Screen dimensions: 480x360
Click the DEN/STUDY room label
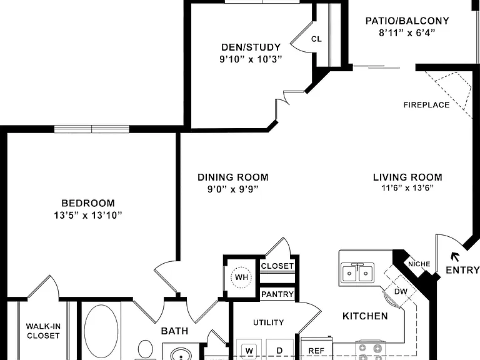(x=251, y=47)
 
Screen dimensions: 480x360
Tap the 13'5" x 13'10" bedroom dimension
(x=88, y=215)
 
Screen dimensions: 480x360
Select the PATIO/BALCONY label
(x=407, y=21)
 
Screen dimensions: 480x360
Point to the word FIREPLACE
(x=426, y=105)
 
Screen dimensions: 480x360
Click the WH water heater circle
(x=241, y=277)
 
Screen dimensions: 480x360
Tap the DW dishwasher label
(x=401, y=291)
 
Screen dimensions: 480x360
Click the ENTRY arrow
(x=455, y=257)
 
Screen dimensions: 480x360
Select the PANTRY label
(x=277, y=294)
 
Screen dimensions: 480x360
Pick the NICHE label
(x=419, y=264)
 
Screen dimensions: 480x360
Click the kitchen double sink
(x=357, y=272)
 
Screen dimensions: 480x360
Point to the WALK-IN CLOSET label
(x=43, y=331)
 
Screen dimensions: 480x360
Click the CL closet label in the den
(x=316, y=39)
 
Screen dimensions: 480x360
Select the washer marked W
(x=249, y=351)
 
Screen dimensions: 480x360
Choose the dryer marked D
(x=279, y=351)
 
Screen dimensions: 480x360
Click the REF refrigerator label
(x=316, y=351)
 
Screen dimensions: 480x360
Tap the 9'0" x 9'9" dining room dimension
(x=233, y=189)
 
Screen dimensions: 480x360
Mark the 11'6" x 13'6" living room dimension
(x=407, y=187)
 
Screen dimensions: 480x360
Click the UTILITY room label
(x=269, y=322)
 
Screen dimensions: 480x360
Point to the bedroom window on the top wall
(x=92, y=129)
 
